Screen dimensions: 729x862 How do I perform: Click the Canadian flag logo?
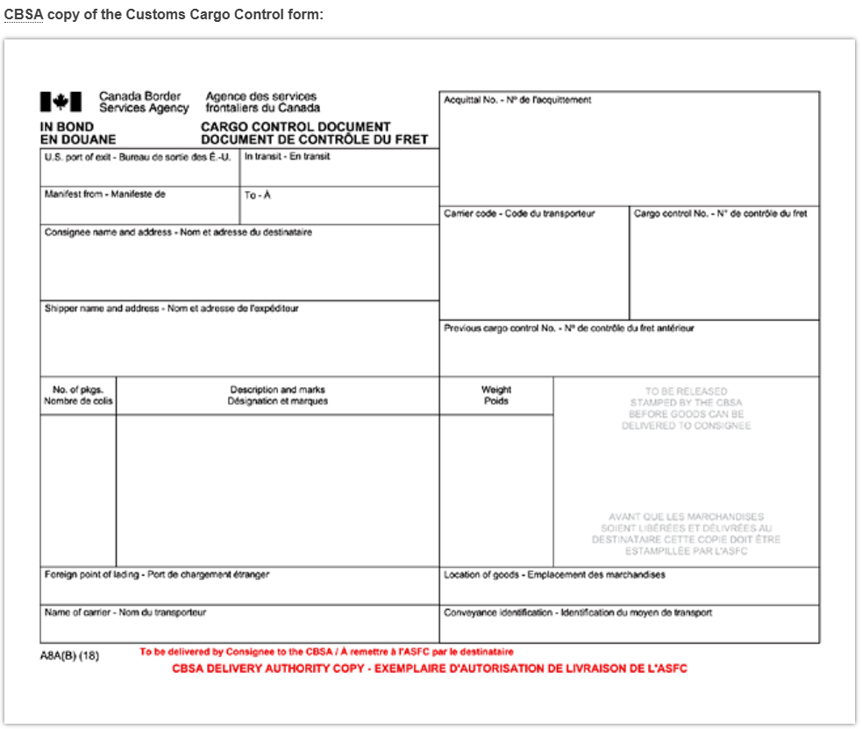(x=61, y=103)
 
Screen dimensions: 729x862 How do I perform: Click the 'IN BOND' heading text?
(x=68, y=127)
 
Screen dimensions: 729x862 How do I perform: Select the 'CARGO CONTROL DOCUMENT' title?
(x=296, y=127)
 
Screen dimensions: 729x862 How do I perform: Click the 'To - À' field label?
(x=258, y=195)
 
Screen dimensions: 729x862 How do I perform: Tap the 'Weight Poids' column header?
(x=496, y=395)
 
